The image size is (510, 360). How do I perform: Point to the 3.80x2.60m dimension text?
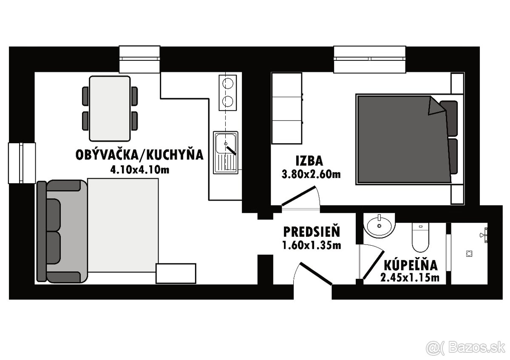click(x=311, y=174)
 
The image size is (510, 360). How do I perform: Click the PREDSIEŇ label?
click(x=312, y=232)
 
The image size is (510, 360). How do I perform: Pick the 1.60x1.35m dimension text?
click(x=312, y=245)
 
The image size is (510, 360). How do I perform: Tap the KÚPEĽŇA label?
click(x=410, y=265)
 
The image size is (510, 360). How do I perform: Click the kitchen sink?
click(x=226, y=152)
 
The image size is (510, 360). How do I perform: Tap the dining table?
click(x=110, y=108)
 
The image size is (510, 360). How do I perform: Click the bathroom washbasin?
click(x=379, y=225)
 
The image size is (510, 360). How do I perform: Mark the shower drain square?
click(x=470, y=253)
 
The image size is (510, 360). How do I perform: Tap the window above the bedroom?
click(x=369, y=60)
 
